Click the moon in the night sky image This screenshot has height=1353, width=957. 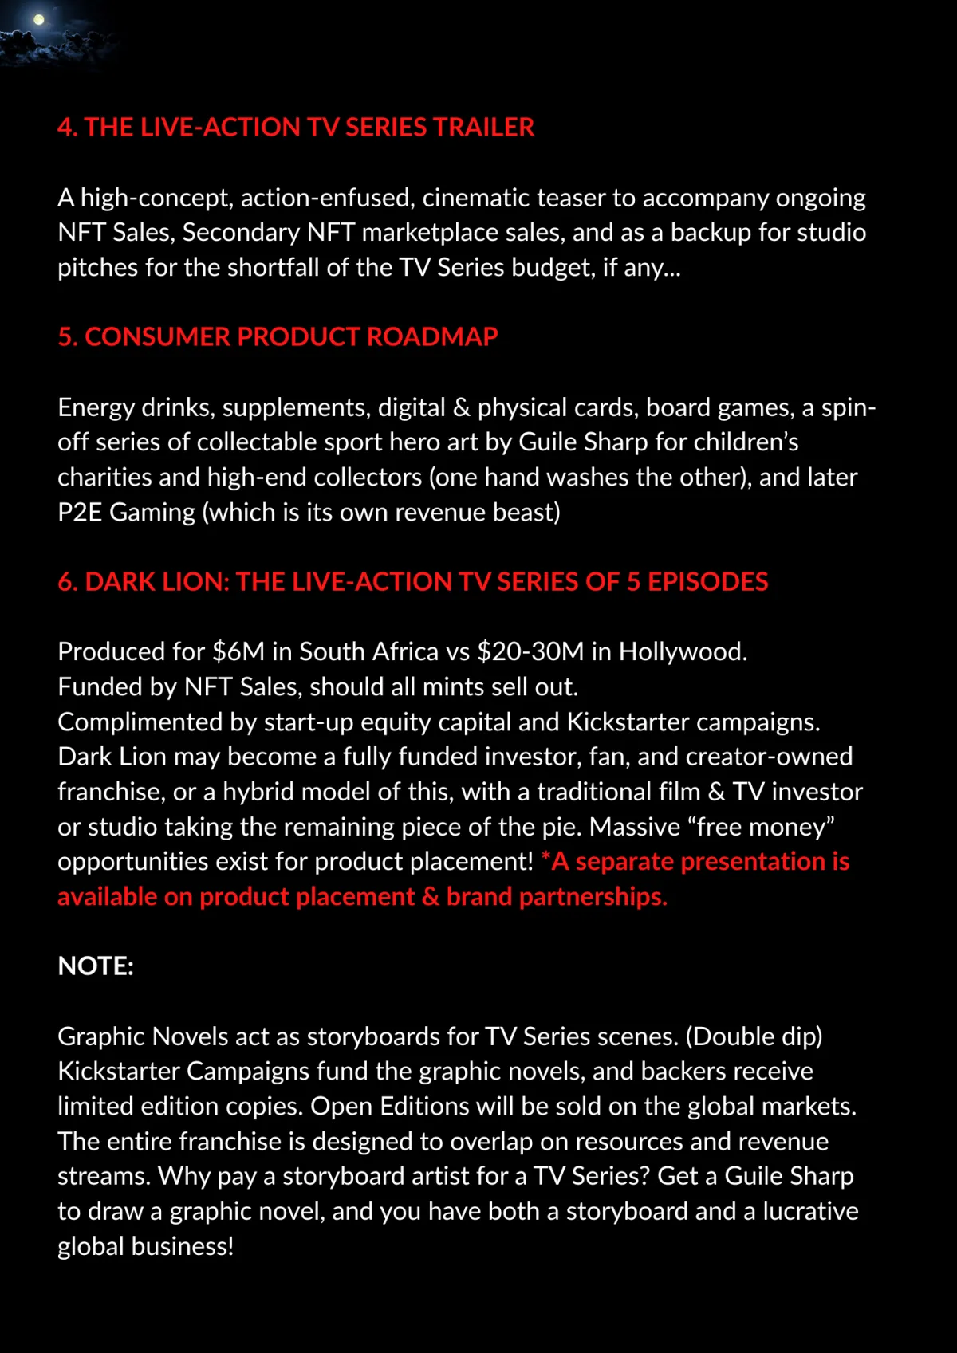[x=38, y=20]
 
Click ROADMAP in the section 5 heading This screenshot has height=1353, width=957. [x=432, y=337]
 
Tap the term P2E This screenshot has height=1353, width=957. [x=79, y=513]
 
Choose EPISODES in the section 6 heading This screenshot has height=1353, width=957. [x=707, y=582]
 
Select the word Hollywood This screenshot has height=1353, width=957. [x=682, y=652]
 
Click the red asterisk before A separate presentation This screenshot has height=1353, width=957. [x=545, y=858]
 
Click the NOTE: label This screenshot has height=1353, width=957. [x=96, y=966]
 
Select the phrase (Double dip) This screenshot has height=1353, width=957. [x=754, y=1036]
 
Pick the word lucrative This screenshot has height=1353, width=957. [x=810, y=1212]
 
